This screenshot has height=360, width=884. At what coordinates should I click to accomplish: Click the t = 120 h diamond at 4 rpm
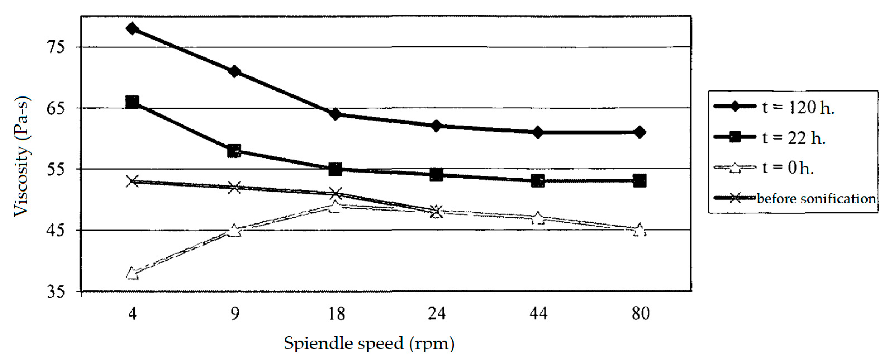click(x=132, y=29)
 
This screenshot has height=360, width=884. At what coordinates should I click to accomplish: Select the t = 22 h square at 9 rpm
click(x=234, y=151)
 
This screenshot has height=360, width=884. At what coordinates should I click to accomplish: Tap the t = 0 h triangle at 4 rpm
click(x=132, y=274)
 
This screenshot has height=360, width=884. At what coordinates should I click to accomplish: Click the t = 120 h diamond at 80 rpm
click(x=639, y=132)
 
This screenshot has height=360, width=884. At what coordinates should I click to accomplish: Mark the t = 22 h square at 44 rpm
click(x=538, y=181)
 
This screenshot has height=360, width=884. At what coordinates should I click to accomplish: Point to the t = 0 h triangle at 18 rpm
click(x=335, y=206)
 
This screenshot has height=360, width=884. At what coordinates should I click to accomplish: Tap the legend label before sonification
click(x=816, y=198)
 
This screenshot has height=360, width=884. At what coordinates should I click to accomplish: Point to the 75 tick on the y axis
click(x=55, y=47)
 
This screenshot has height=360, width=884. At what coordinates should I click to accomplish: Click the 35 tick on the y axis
click(x=55, y=292)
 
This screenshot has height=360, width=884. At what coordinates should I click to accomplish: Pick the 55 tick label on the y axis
click(x=55, y=169)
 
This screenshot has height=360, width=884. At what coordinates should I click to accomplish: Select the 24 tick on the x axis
click(x=437, y=313)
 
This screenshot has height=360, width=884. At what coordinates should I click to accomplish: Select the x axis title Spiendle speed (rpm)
click(x=369, y=344)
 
